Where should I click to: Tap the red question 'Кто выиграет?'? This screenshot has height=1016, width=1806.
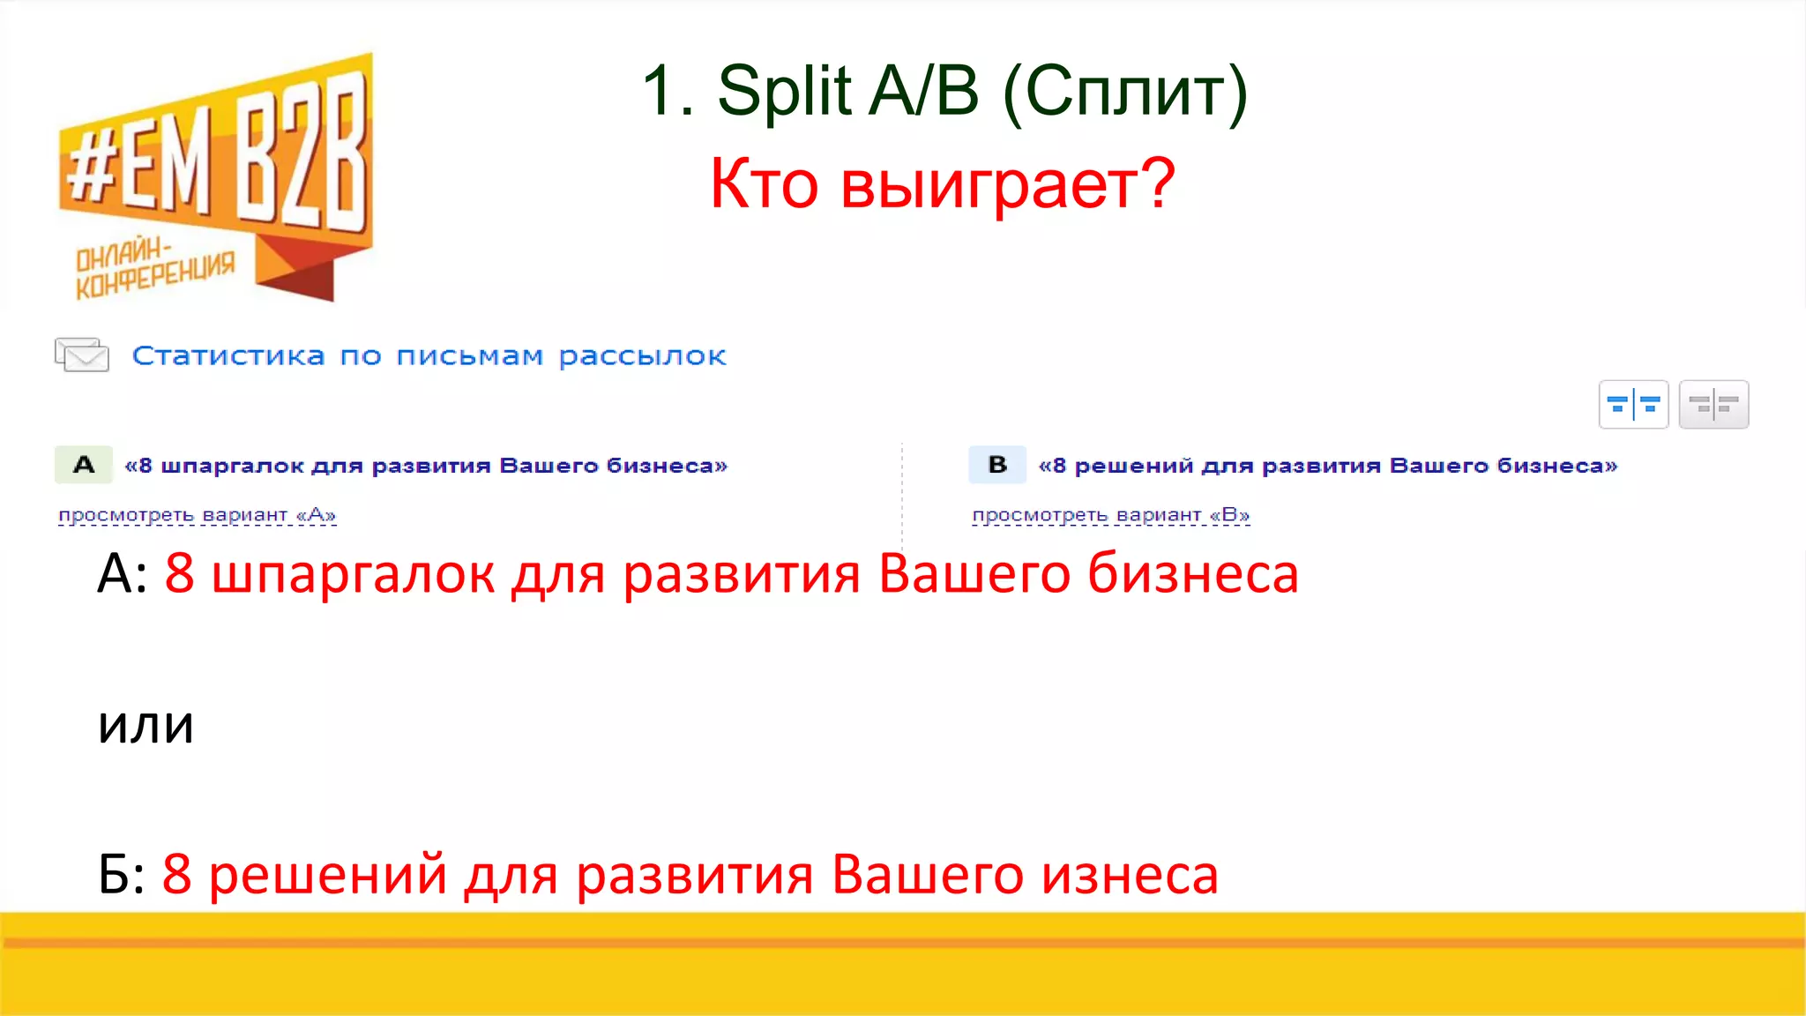942,183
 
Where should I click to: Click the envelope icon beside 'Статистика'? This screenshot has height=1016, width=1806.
82,355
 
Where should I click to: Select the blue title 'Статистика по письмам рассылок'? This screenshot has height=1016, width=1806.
429,356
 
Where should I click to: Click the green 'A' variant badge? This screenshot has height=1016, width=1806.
84,465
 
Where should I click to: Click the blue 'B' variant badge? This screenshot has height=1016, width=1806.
997,465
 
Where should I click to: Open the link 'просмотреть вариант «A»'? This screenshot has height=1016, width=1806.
197,515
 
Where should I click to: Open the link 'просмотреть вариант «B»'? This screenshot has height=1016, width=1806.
1110,515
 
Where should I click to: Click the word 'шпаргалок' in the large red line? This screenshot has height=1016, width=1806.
353,575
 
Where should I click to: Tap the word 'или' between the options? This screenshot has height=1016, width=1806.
146,725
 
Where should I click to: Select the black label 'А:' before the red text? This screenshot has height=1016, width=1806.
123,575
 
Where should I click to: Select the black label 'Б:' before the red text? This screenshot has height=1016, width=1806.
123,875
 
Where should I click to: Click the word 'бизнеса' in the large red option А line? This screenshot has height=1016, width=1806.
1192,575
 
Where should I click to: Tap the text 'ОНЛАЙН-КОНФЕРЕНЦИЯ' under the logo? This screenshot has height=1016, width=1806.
154,270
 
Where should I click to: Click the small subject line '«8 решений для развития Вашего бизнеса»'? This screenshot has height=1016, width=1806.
1327,466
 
